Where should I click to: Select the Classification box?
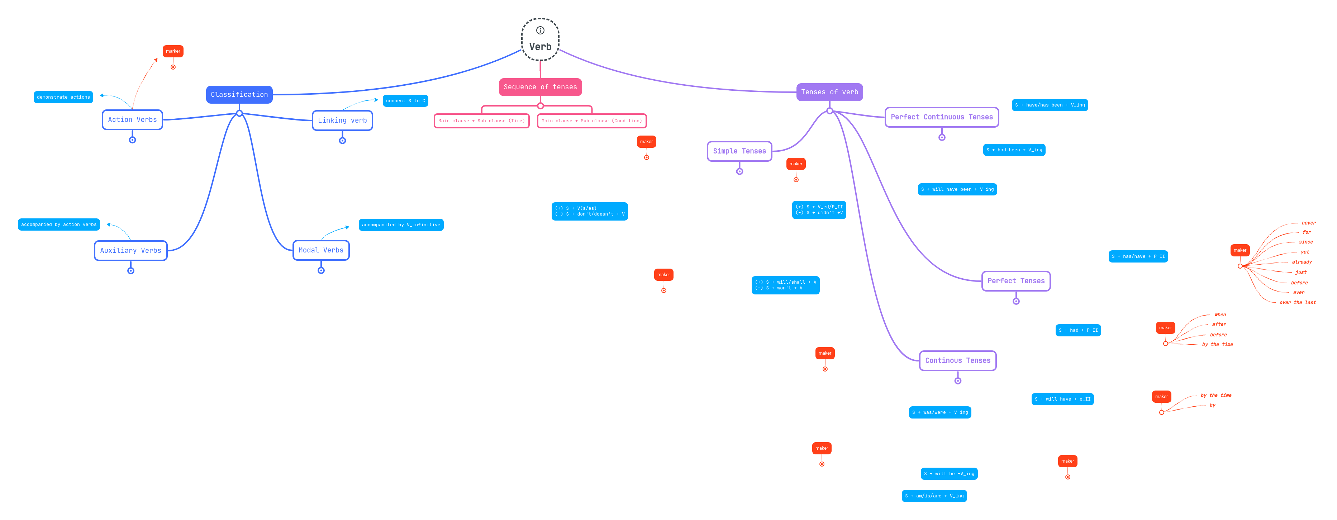(239, 95)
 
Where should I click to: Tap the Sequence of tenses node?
(540, 87)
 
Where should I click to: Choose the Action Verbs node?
(132, 119)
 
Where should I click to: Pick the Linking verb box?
(342, 120)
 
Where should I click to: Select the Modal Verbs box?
(321, 250)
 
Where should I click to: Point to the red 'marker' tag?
(173, 51)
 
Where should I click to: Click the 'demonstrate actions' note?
(63, 97)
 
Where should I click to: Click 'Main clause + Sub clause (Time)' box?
(481, 120)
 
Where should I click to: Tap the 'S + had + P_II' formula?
(1078, 330)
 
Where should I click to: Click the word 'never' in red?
(1308, 223)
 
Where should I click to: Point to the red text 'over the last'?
(1297, 302)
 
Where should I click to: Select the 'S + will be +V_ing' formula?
(949, 474)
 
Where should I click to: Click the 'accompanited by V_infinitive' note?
(401, 225)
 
